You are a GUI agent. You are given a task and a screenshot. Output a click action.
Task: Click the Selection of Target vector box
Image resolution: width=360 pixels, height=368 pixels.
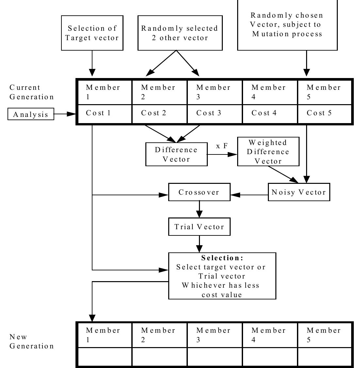tap(92, 33)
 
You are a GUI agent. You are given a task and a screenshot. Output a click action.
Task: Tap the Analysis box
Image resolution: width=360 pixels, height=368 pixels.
tap(31, 115)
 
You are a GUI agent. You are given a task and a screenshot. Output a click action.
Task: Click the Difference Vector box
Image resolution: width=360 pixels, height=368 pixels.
tap(176, 154)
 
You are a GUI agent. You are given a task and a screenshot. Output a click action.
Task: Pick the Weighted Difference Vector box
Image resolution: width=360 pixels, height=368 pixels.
tap(268, 152)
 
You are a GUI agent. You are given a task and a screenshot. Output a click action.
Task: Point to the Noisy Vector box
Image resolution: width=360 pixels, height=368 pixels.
tap(299, 192)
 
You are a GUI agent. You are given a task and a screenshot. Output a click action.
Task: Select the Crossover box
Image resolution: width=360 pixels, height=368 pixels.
tap(199, 192)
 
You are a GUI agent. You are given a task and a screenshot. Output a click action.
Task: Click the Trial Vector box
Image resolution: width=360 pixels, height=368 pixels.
tap(199, 227)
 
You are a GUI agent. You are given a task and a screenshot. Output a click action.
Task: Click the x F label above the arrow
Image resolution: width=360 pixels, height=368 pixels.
tap(222, 146)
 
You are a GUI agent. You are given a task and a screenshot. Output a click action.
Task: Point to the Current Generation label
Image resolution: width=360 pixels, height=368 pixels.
tap(32, 92)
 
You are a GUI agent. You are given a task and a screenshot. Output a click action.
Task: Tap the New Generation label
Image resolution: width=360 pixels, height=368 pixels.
tap(32, 341)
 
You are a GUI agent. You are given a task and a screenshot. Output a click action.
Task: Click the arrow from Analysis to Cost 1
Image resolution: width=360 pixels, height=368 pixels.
tap(65, 114)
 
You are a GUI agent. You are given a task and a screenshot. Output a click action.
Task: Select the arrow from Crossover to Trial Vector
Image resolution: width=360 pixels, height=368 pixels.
tap(199, 209)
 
